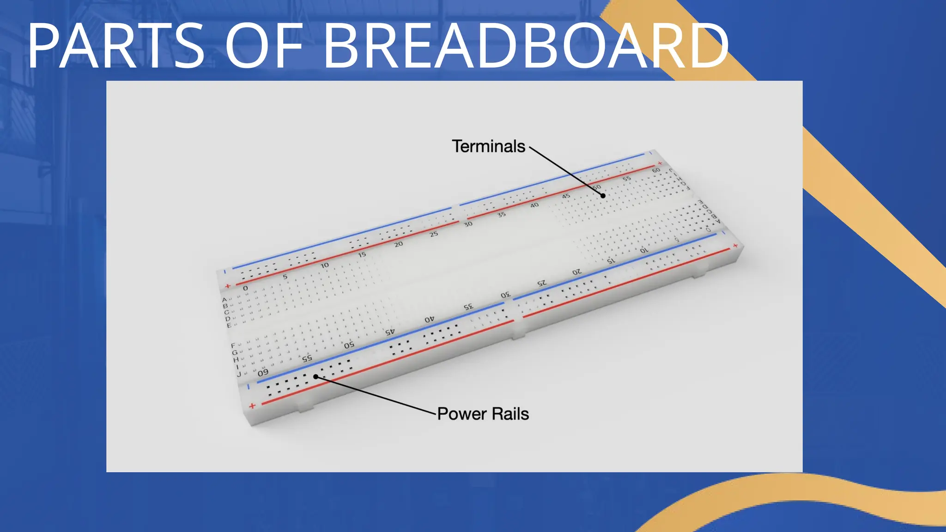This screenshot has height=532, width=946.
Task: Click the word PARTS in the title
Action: pyautogui.click(x=115, y=46)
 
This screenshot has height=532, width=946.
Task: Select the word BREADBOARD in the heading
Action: pyautogui.click(x=526, y=46)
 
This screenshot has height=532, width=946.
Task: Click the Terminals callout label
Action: pyautogui.click(x=488, y=146)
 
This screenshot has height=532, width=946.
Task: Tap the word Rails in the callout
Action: pyautogui.click(x=510, y=414)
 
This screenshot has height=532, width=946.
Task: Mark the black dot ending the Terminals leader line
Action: pyautogui.click(x=603, y=196)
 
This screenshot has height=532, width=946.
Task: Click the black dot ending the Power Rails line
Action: pyautogui.click(x=316, y=377)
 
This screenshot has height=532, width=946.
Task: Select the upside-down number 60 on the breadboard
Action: pyautogui.click(x=262, y=373)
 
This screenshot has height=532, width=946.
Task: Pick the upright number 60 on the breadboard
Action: pyautogui.click(x=656, y=170)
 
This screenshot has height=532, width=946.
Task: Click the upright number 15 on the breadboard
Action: pyautogui.click(x=362, y=254)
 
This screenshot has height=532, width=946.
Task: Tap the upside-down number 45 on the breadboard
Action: pyautogui.click(x=390, y=332)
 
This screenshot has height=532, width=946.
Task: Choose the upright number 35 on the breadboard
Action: pyautogui.click(x=501, y=215)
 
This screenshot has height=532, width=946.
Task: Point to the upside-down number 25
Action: pyautogui.click(x=541, y=283)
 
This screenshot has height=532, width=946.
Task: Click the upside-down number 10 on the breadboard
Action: pyautogui.click(x=644, y=250)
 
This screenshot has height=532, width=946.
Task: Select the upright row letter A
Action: pyautogui.click(x=224, y=300)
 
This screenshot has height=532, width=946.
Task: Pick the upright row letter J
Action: pyautogui.click(x=239, y=374)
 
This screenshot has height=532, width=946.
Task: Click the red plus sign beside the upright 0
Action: pyautogui.click(x=227, y=286)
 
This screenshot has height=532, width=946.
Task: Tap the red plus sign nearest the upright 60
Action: pyautogui.click(x=660, y=163)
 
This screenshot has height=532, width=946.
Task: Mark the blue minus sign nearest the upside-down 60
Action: pyautogui.click(x=249, y=387)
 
